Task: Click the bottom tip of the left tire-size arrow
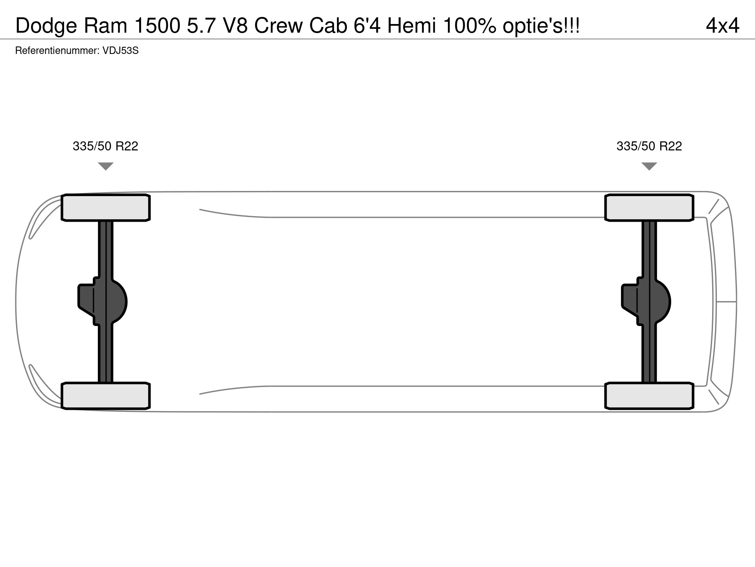[105, 170]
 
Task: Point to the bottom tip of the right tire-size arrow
[649, 170]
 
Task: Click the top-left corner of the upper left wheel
[62, 195]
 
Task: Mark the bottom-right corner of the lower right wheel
[693, 409]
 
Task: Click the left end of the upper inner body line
[200, 209]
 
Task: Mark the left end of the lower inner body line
[200, 394]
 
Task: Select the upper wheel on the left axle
[106, 208]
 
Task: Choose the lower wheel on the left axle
[106, 396]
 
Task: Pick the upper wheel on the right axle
[649, 208]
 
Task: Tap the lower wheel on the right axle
[649, 396]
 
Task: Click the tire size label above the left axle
[105, 146]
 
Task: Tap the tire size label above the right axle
[649, 146]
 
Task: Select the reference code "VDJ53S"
[120, 51]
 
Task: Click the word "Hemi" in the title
[412, 26]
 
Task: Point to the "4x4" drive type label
[723, 26]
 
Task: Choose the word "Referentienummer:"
[57, 51]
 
